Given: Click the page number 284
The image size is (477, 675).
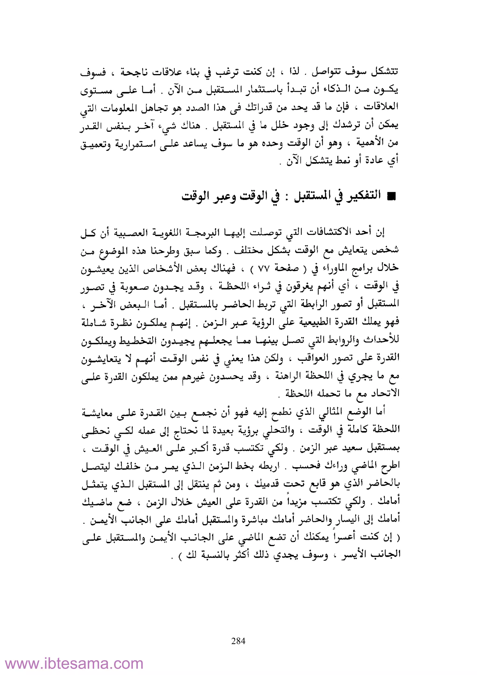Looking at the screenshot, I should coord(238,641).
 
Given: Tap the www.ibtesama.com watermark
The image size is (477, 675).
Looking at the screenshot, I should coord(74,662).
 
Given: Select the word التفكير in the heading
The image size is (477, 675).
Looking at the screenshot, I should coord(363,196).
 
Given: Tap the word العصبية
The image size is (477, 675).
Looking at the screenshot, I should coord(132,232).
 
